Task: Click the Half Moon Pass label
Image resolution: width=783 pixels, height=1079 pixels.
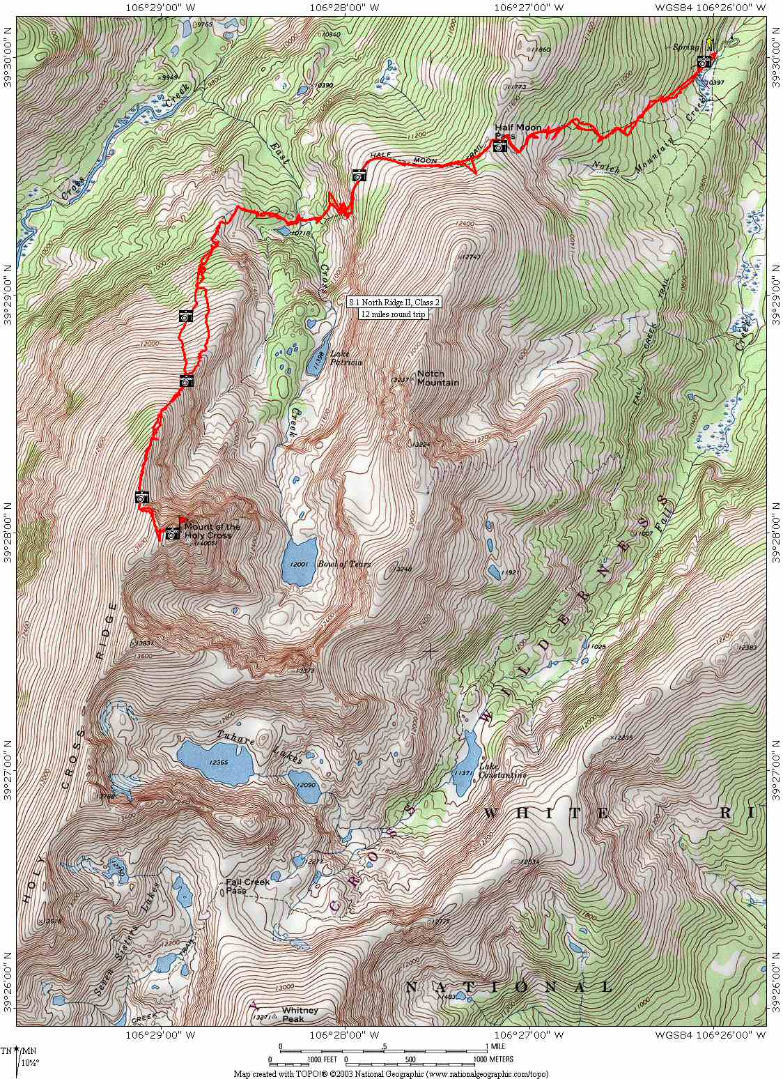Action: pyautogui.click(x=518, y=131)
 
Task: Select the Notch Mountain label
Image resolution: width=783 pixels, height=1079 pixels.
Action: pyautogui.click(x=437, y=378)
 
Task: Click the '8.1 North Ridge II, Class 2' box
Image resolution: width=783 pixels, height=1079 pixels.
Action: pyautogui.click(x=394, y=303)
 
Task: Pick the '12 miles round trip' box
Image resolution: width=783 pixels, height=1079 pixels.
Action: pyautogui.click(x=392, y=314)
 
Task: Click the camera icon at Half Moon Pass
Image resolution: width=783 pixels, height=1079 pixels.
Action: pyautogui.click(x=499, y=146)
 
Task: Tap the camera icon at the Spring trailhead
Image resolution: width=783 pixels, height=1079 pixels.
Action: pyautogui.click(x=704, y=63)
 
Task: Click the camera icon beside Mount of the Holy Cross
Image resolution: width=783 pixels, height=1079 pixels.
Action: pyautogui.click(x=172, y=533)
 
